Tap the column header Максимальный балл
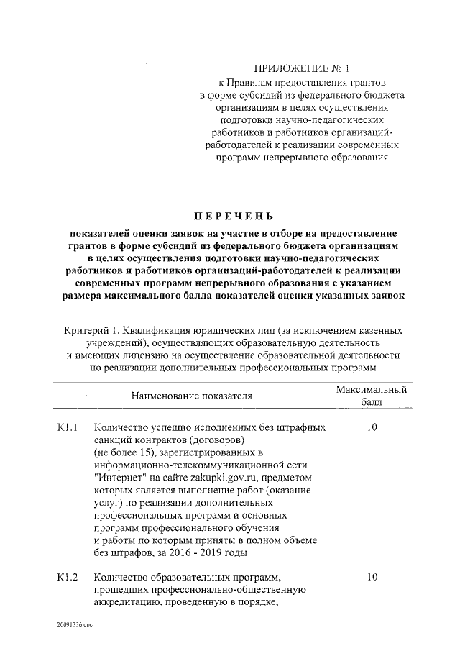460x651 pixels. tap(372, 396)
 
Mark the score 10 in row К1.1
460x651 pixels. tap(372, 427)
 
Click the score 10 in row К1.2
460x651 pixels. tap(372, 577)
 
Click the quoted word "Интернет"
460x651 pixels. tap(119, 478)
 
